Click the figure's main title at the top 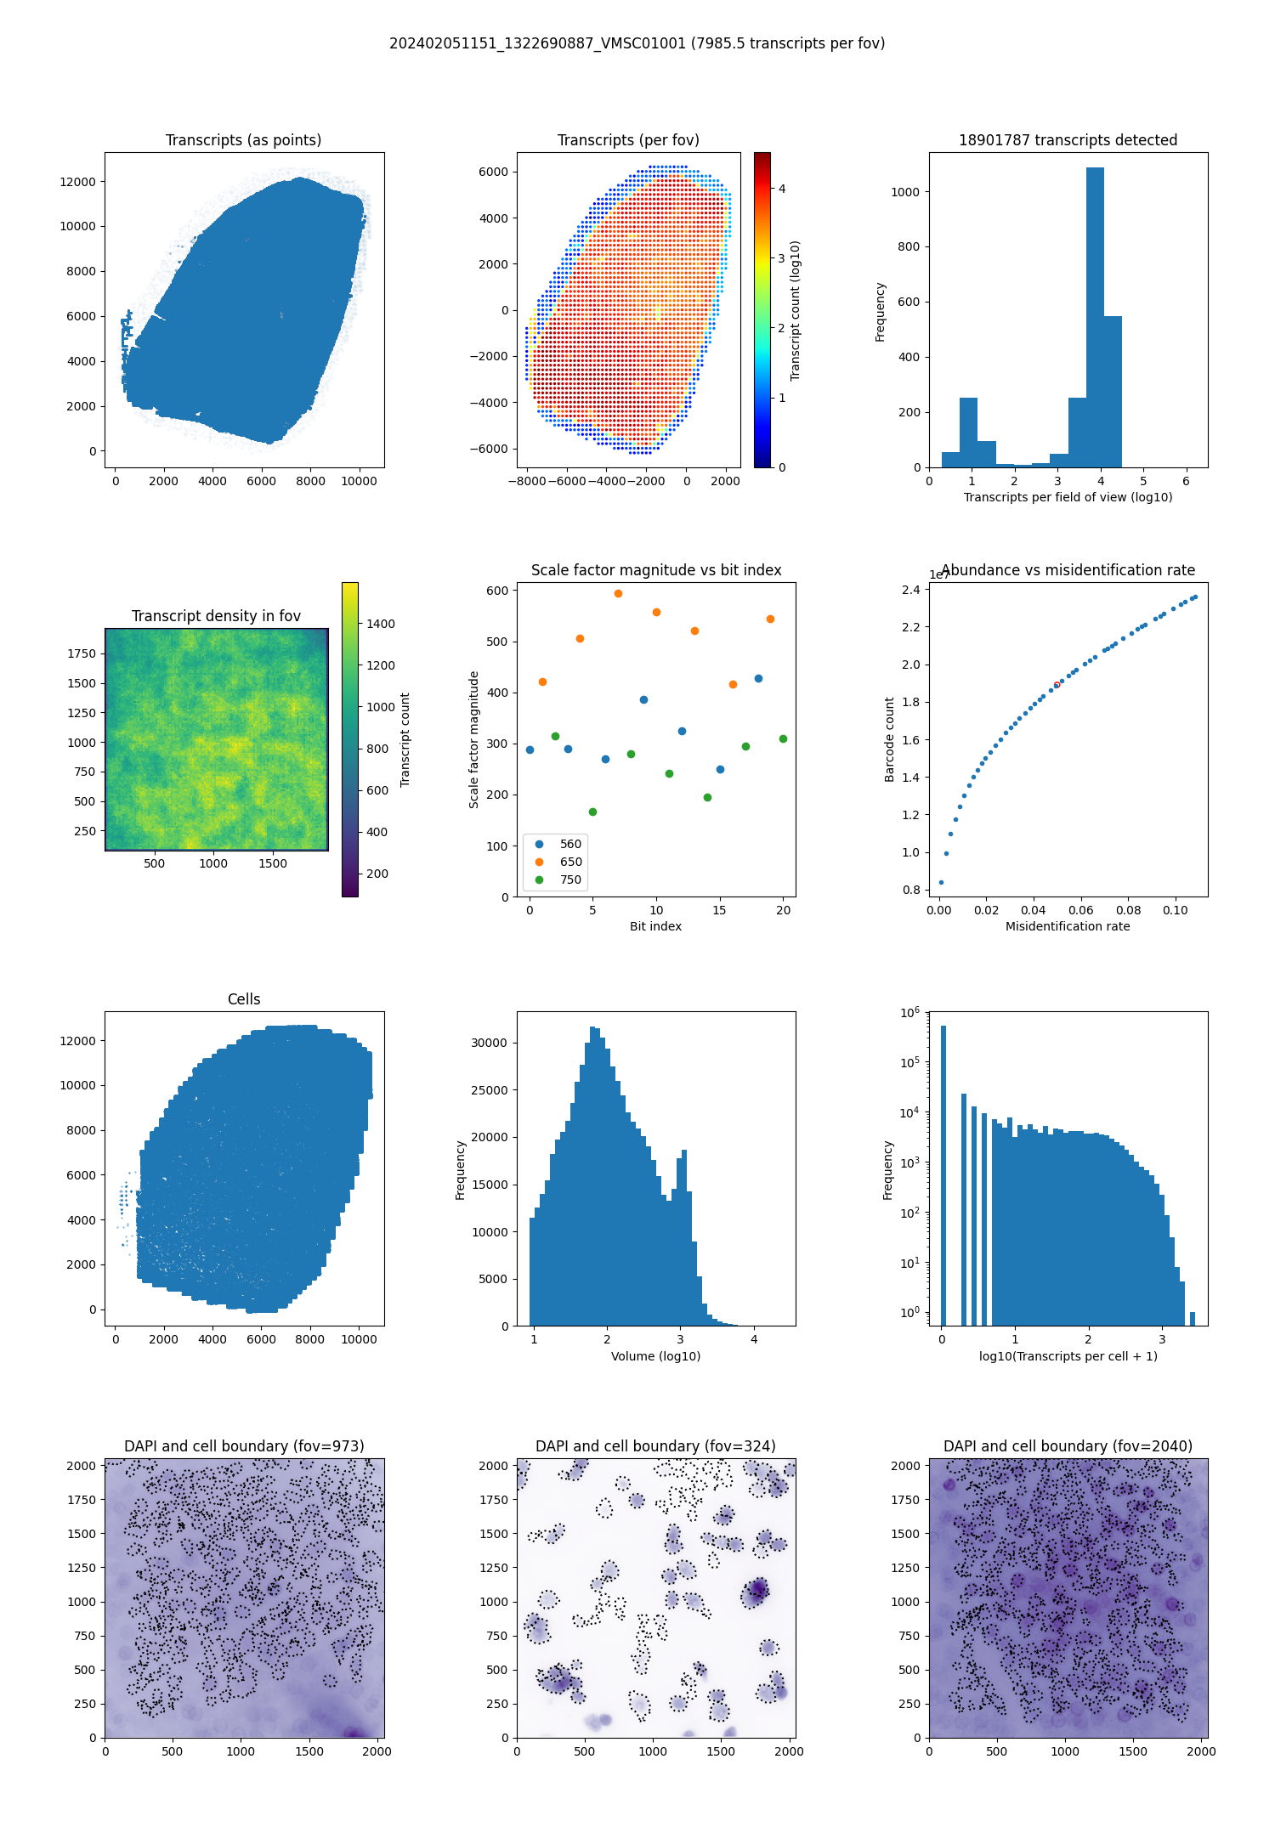[637, 43]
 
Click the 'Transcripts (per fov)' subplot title [628, 140]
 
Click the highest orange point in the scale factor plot [618, 593]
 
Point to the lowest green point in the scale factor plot [592, 812]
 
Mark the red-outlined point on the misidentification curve [1057, 685]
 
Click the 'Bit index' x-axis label [655, 926]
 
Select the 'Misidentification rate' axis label [1068, 926]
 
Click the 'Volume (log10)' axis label [655, 1356]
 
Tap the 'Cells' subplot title [244, 999]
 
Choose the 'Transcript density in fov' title [216, 616]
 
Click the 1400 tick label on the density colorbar [381, 624]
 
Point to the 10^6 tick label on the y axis [909, 1012]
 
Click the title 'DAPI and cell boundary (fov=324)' [655, 1446]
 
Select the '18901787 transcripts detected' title [1068, 140]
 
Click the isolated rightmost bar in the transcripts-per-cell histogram [1193, 1319]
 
